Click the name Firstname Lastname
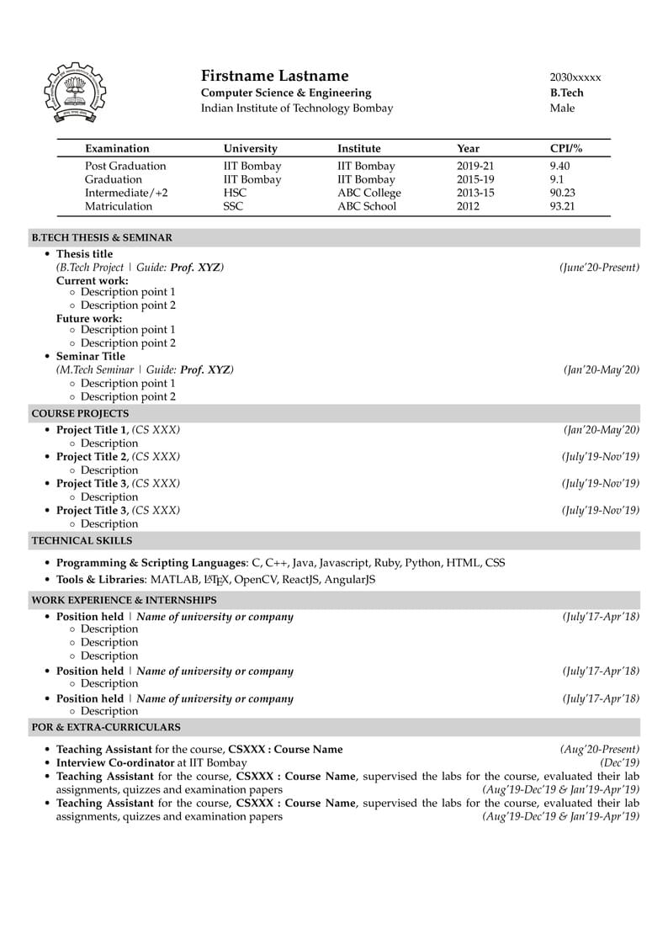pyautogui.click(x=274, y=76)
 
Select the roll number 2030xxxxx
pyautogui.click(x=575, y=77)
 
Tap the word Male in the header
pyautogui.click(x=562, y=109)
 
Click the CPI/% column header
pyautogui.click(x=565, y=149)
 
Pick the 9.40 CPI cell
pyautogui.click(x=559, y=166)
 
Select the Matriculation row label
pyautogui.click(x=119, y=206)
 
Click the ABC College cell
pyautogui.click(x=369, y=193)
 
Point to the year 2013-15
pyautogui.click(x=475, y=193)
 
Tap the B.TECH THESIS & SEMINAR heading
pyautogui.click(x=102, y=238)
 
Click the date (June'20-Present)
pyautogui.click(x=599, y=268)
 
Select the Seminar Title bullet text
pyautogui.click(x=90, y=356)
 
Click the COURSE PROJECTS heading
pyautogui.click(x=80, y=413)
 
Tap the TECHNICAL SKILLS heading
pyautogui.click(x=82, y=540)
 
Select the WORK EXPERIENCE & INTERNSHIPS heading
pyautogui.click(x=124, y=600)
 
